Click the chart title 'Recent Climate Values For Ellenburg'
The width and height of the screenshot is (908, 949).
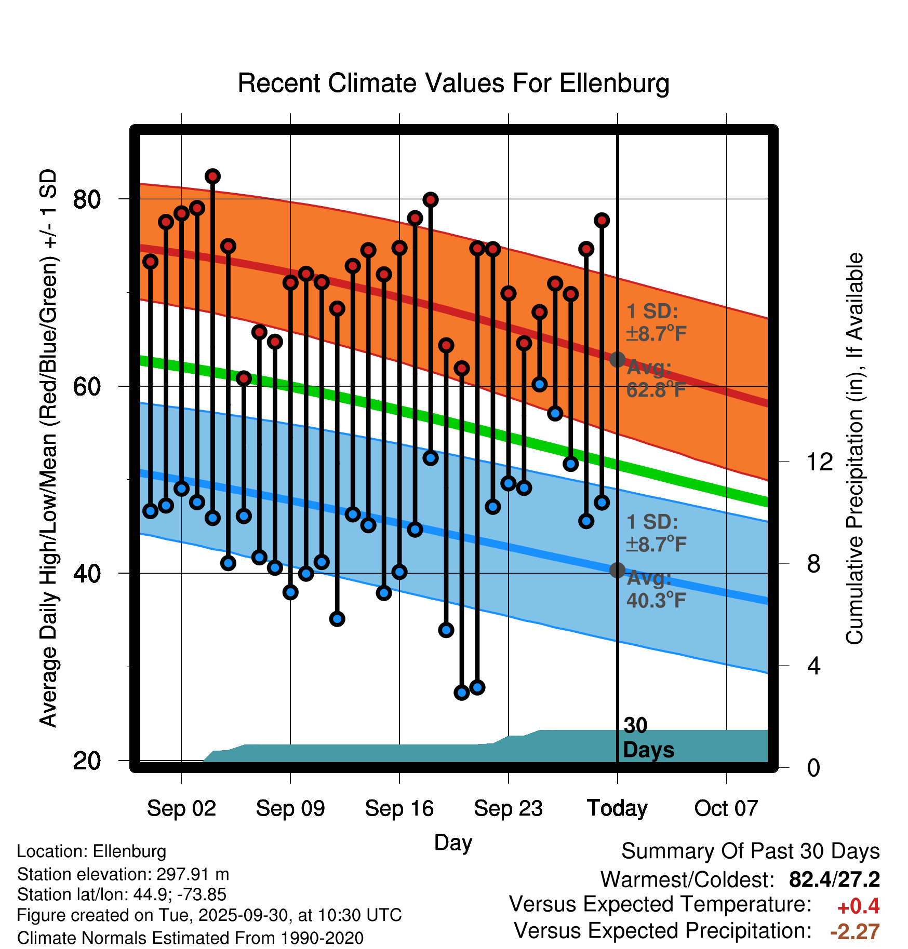point(453,83)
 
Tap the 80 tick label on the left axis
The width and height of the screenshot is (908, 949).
point(87,199)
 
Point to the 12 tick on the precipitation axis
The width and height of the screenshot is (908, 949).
point(819,462)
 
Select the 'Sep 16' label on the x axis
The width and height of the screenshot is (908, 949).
point(399,808)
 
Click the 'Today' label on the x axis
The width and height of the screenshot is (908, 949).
point(617,808)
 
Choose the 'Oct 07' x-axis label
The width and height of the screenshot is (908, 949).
point(726,808)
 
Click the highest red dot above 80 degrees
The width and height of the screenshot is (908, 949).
point(212,177)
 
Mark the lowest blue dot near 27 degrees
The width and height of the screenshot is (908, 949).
point(461,693)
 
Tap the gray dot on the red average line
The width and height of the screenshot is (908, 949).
point(617,359)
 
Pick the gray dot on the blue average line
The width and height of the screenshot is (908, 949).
point(617,570)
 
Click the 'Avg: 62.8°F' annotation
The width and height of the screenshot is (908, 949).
point(656,378)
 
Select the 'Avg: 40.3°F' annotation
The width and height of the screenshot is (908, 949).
point(656,589)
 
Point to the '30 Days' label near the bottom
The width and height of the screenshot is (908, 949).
point(648,738)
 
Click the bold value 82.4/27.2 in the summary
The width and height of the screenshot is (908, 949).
point(834,879)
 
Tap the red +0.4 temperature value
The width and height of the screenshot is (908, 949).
point(858,906)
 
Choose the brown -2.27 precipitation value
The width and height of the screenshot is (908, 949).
point(855,932)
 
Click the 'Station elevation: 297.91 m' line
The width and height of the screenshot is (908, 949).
point(123,874)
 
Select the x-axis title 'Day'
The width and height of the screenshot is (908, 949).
point(453,842)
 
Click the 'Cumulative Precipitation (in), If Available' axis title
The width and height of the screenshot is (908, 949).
point(855,449)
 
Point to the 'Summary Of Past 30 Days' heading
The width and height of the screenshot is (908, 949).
point(751,851)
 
